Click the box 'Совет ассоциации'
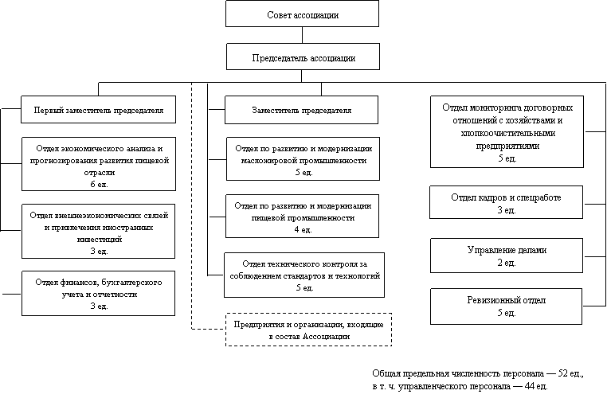click(x=302, y=14)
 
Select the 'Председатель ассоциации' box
click(x=302, y=57)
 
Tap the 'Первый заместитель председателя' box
click(x=99, y=110)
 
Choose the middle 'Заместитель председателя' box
click(x=302, y=110)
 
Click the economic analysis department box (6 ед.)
click(x=99, y=166)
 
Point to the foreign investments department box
click(x=99, y=232)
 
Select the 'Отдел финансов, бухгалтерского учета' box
click(x=99, y=293)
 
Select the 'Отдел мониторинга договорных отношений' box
click(x=506, y=132)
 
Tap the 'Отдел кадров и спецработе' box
click(x=506, y=202)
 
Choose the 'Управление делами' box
click(x=506, y=255)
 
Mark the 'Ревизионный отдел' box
click(x=506, y=306)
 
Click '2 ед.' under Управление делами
click(x=506, y=262)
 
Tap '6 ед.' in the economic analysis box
click(x=99, y=184)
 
